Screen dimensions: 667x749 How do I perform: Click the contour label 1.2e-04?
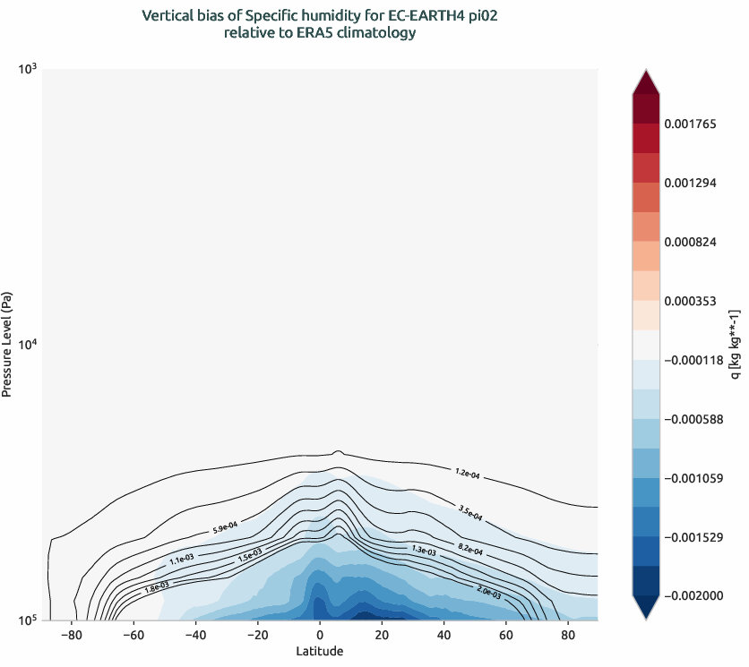468,473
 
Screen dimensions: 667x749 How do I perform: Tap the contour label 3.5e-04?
469,513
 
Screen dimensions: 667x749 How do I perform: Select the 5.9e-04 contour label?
225,528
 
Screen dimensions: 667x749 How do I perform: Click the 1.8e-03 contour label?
157,587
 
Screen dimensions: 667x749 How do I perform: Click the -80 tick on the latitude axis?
71,636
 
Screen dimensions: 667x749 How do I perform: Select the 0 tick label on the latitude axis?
320,636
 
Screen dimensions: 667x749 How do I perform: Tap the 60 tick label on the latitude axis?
505,636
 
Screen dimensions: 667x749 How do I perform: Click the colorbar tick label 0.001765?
691,124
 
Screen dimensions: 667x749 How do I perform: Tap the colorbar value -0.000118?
691,360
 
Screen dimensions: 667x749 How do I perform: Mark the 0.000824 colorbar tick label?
691,242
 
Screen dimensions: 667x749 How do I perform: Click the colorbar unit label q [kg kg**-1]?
735,345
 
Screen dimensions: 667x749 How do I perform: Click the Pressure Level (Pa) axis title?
7,344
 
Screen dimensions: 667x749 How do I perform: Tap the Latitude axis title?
320,652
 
